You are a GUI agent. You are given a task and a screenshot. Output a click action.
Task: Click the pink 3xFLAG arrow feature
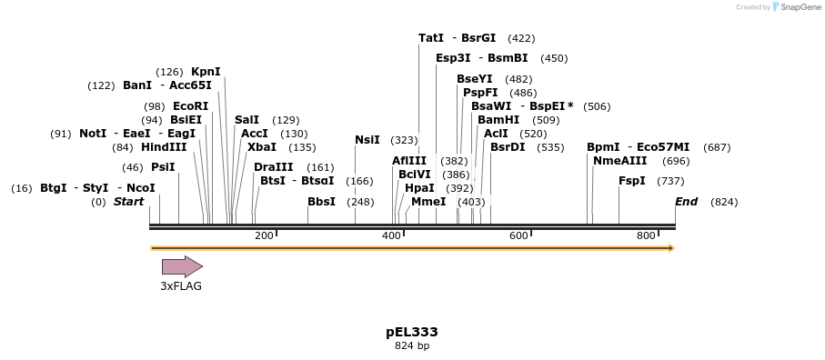(x=182, y=266)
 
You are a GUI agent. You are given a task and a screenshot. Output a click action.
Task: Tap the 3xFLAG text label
(x=181, y=285)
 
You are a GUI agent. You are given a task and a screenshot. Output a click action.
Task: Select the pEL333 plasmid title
(x=412, y=332)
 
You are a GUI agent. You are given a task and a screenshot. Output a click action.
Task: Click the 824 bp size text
(x=412, y=346)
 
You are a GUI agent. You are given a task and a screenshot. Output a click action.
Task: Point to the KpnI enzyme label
(x=206, y=72)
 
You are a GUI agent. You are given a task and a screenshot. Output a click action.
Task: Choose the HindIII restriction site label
(x=164, y=147)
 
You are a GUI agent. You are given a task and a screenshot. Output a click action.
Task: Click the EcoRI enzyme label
(x=190, y=106)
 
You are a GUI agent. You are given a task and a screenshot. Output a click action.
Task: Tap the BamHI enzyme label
(x=498, y=120)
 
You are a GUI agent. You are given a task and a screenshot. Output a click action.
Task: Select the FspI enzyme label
(x=632, y=181)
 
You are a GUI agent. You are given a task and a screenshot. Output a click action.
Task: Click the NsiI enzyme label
(x=367, y=140)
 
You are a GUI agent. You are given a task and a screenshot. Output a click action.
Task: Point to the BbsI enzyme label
(x=321, y=202)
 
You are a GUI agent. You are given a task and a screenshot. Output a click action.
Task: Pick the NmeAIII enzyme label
(x=620, y=161)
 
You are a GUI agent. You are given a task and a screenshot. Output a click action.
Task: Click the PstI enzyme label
(x=163, y=167)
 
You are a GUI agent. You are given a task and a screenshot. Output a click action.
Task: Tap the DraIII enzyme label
(x=274, y=167)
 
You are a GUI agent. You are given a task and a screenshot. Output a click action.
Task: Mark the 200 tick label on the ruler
(x=264, y=236)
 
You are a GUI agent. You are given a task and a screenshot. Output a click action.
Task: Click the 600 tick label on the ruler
(x=518, y=236)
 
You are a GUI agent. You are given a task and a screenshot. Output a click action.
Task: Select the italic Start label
(x=128, y=202)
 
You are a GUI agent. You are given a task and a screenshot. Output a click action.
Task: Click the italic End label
(x=686, y=202)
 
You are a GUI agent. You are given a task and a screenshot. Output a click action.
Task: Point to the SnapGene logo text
(x=797, y=7)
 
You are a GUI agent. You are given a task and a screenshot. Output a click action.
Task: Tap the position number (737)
(x=670, y=181)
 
